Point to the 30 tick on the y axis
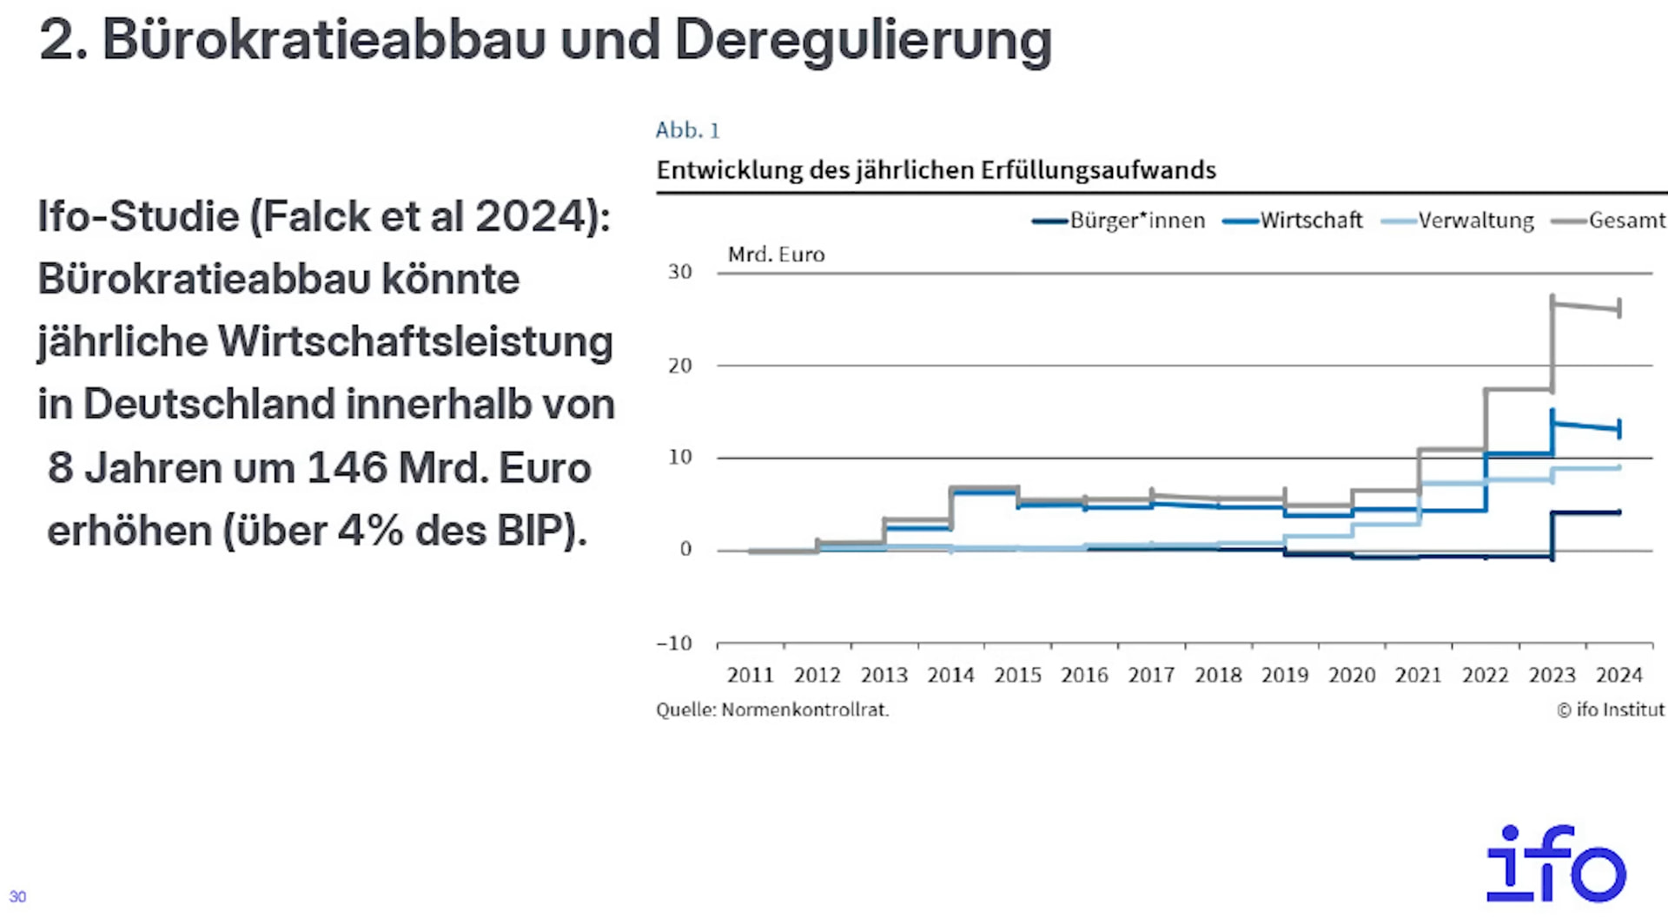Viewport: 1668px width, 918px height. [680, 272]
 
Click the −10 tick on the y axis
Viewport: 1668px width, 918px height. [675, 644]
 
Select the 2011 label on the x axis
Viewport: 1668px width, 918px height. [750, 676]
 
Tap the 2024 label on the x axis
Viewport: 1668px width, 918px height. [1618, 676]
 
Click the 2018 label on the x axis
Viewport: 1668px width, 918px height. [1218, 676]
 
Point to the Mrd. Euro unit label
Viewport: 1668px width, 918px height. [776, 254]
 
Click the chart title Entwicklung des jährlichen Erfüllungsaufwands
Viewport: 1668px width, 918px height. [936, 170]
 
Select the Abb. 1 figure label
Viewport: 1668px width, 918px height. [687, 130]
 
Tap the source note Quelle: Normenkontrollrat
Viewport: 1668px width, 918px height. [772, 710]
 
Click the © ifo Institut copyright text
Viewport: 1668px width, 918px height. [1611, 710]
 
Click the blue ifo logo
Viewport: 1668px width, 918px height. [1555, 863]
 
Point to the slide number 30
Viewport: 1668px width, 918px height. [17, 896]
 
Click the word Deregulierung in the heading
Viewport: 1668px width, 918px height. [863, 40]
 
